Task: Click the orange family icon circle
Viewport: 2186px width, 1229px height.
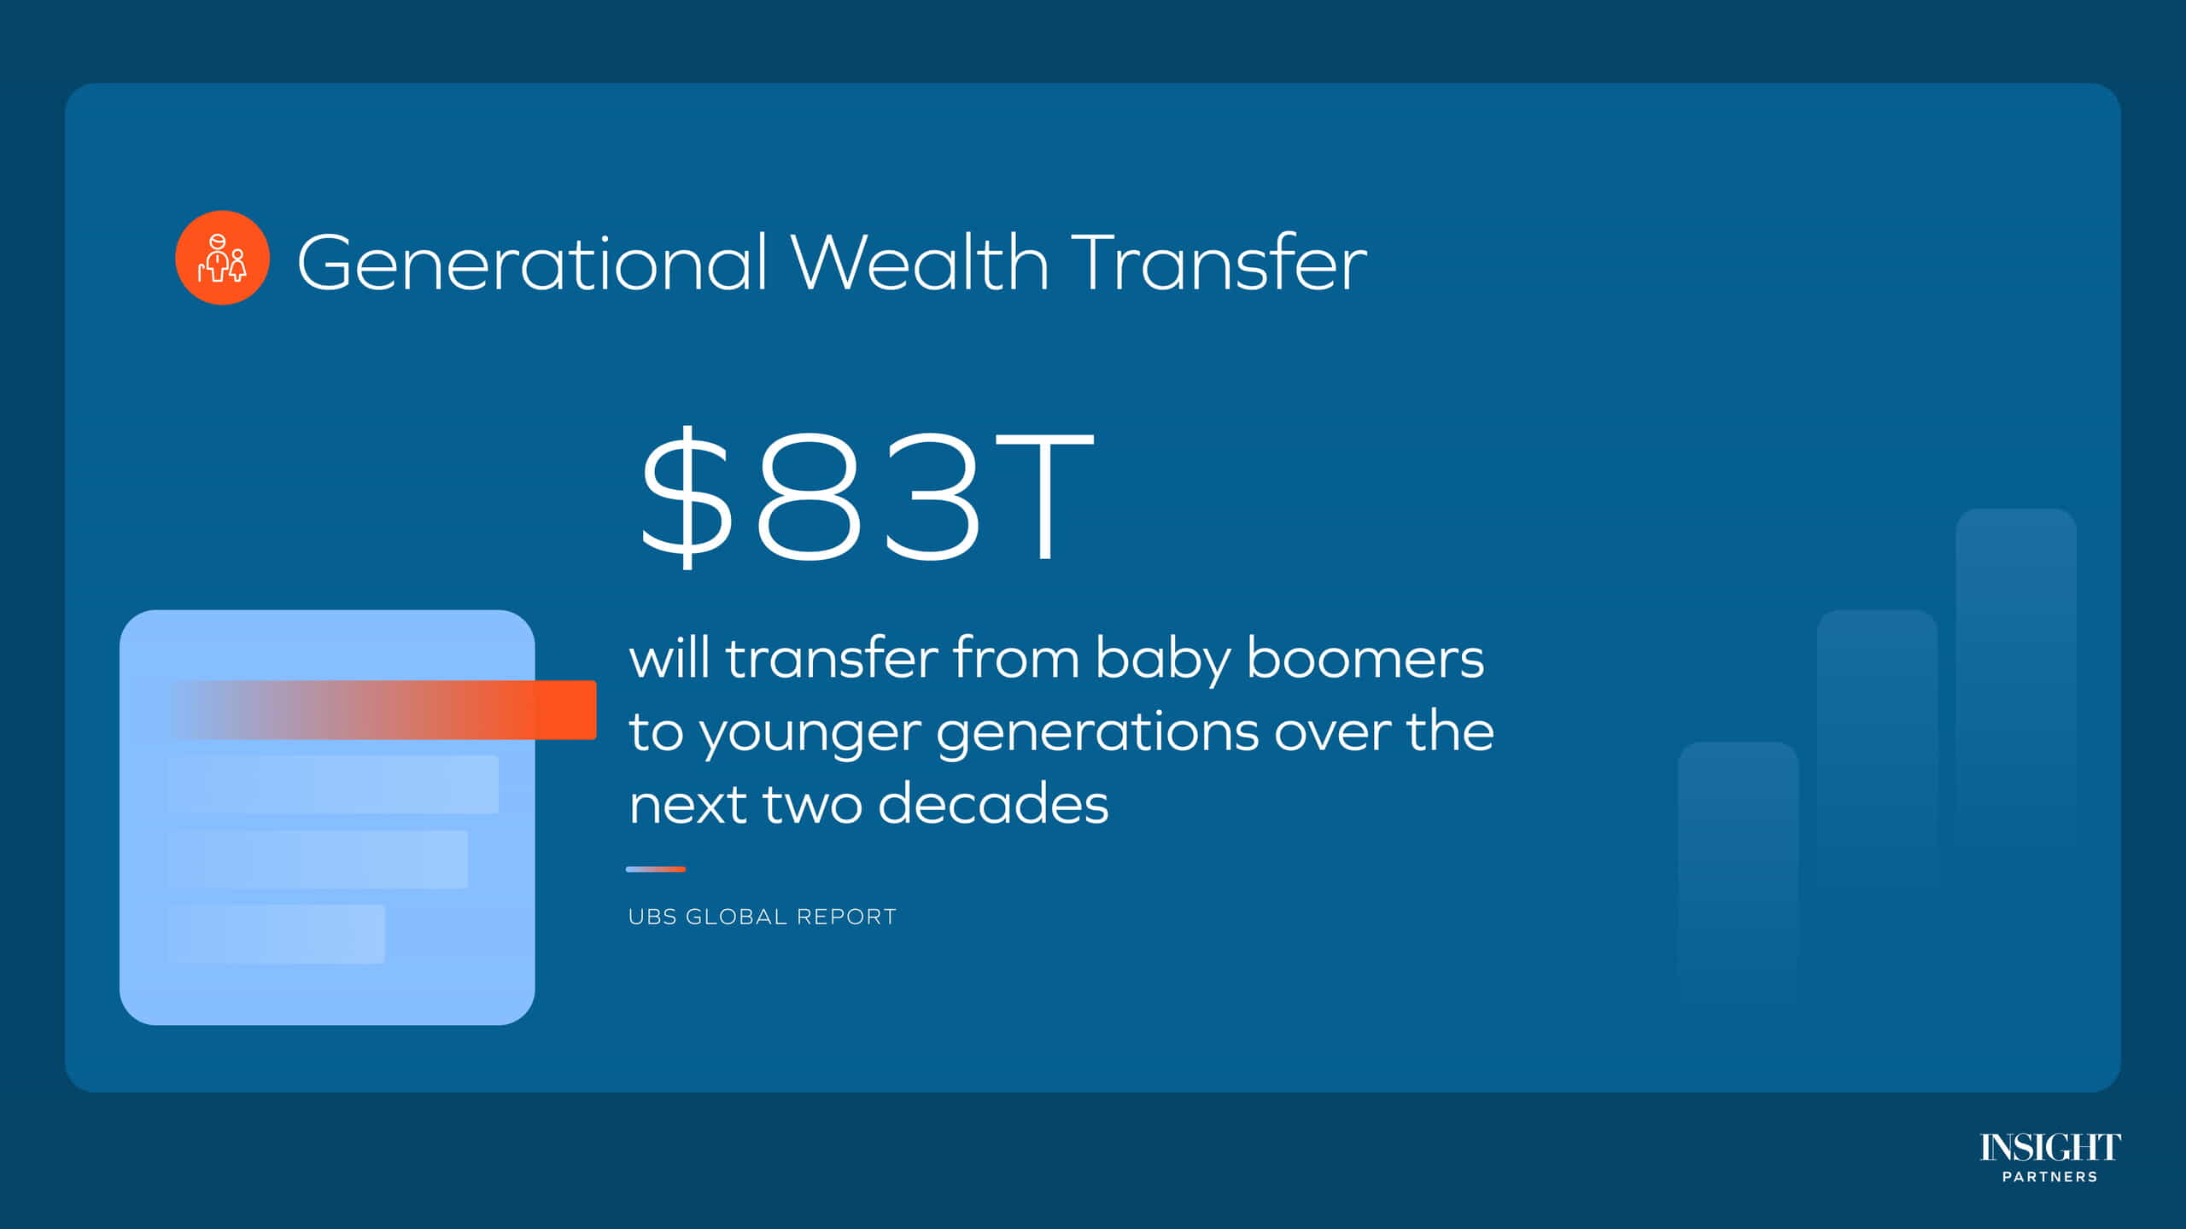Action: pos(222,258)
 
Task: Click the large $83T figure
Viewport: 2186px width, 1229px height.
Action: pos(866,497)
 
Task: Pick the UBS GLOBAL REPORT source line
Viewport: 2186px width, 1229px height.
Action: pos(762,917)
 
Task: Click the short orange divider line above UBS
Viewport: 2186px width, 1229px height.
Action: pos(655,869)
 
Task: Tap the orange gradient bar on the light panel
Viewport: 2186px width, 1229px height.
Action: pos(383,709)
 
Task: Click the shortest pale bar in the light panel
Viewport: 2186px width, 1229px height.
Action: pos(275,934)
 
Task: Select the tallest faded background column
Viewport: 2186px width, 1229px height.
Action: pos(2015,683)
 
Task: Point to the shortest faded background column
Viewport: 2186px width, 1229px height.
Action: pos(1738,871)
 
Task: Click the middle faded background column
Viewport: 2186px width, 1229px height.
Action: pos(1877,751)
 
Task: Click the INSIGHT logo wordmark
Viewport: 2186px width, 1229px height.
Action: pos(2049,1148)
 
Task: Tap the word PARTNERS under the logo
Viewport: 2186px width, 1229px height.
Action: pos(2049,1177)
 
